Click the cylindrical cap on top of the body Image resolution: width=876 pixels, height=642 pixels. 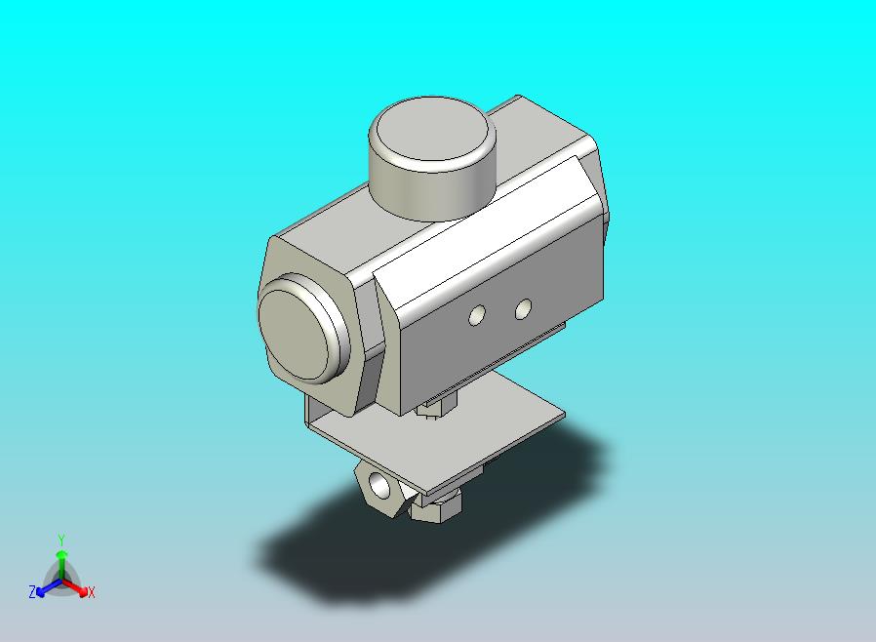[x=432, y=157]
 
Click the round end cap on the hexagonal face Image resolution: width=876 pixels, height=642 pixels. [x=302, y=329]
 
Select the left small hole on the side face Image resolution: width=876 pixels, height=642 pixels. [x=477, y=316]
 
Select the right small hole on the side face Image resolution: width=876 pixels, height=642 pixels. [x=523, y=309]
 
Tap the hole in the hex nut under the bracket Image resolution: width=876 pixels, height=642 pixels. [x=379, y=485]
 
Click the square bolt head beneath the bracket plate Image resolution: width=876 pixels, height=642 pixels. [x=436, y=506]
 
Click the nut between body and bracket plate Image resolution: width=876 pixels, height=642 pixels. [x=437, y=405]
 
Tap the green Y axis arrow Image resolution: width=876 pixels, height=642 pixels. [x=62, y=566]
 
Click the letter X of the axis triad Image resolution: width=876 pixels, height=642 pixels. [x=91, y=592]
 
